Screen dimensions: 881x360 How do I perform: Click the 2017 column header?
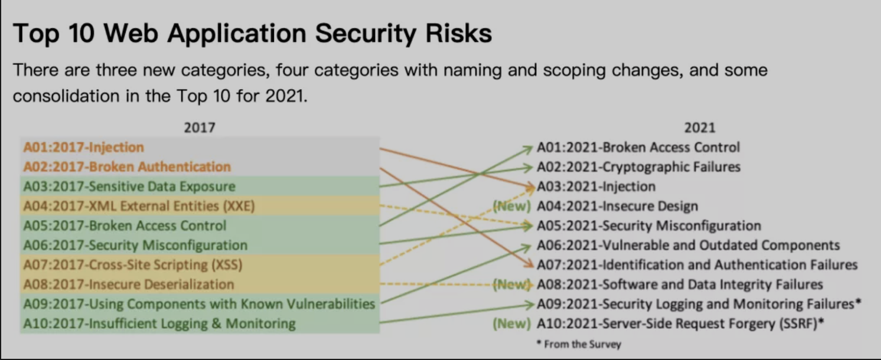point(200,127)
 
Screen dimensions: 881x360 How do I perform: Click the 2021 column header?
point(700,127)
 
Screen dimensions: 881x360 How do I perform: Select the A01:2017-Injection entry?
point(84,148)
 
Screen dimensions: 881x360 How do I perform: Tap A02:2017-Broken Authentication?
point(127,167)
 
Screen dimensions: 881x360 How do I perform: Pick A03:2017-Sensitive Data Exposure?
point(129,186)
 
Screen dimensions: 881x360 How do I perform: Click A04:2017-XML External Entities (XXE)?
point(139,206)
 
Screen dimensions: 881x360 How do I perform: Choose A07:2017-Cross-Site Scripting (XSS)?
point(133,265)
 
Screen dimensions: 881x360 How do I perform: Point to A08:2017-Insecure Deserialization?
point(129,284)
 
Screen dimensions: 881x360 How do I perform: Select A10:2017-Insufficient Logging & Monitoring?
point(159,323)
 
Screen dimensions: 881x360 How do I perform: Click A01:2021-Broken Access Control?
point(638,148)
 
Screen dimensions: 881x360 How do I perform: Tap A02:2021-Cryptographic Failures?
point(639,167)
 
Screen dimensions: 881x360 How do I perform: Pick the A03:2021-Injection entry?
point(596,186)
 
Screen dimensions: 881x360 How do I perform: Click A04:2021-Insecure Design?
point(618,206)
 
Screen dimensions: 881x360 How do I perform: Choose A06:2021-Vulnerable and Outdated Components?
point(689,246)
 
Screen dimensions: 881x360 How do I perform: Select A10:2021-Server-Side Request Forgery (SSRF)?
point(680,323)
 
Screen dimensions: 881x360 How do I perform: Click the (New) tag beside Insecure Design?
point(512,206)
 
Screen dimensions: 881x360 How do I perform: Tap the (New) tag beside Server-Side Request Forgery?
point(512,323)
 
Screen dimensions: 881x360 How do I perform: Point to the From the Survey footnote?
point(579,344)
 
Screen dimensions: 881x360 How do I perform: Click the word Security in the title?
point(366,34)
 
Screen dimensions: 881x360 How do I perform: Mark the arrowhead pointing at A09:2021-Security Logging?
point(531,304)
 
